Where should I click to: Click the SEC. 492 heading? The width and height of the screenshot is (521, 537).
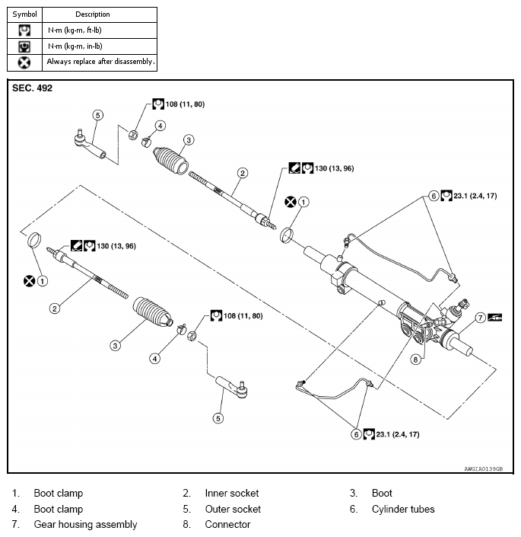(32, 88)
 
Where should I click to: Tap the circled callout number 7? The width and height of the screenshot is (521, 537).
(481, 316)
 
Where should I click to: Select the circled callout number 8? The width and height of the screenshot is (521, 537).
(416, 358)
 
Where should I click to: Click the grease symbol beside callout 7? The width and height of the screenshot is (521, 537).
(497, 316)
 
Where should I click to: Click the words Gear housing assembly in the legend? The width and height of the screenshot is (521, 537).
(85, 524)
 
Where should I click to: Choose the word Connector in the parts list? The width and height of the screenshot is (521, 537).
(227, 524)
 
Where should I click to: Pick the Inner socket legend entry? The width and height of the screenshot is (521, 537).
(231, 493)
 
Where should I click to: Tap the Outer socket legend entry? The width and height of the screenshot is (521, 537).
(232, 509)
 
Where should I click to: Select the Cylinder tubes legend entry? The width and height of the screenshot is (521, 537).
(403, 509)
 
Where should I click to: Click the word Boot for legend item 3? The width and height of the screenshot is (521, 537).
(382, 493)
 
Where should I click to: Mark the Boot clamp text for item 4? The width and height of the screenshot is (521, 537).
(58, 509)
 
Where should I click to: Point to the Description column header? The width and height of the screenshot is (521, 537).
(93, 14)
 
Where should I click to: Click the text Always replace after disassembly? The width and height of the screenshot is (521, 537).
(100, 61)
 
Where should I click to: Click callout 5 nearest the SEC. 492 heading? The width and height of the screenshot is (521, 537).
(97, 115)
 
